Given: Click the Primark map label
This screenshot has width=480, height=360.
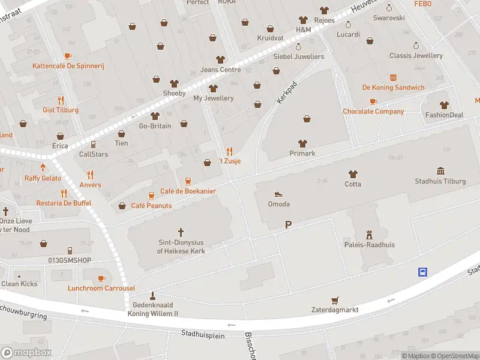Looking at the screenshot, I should (302, 154).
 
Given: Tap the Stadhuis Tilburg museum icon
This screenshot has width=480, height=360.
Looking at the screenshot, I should (441, 171).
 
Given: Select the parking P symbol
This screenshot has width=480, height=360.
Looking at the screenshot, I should (289, 224).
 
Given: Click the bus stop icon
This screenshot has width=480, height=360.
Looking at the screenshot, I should (422, 272).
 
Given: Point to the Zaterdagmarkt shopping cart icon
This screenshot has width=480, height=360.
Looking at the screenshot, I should (335, 300).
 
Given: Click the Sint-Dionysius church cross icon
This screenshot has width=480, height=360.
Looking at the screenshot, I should (181, 232).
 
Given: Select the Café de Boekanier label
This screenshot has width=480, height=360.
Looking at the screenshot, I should (188, 191).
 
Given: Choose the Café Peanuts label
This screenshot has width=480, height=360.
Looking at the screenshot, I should (151, 206).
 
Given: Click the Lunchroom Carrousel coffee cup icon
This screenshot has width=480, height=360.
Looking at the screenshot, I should (101, 278).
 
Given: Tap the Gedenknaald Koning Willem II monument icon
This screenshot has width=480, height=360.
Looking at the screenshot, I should (152, 295).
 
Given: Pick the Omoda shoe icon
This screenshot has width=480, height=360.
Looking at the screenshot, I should (278, 194).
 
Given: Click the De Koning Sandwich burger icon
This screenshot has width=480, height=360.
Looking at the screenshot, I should (393, 77).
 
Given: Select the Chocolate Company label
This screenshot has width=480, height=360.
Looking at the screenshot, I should (373, 112).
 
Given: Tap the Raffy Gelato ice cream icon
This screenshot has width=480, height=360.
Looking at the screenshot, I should (43, 168).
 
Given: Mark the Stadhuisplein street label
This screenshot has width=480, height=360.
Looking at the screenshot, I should (203, 335).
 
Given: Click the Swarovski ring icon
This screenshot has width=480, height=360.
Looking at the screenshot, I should (389, 8).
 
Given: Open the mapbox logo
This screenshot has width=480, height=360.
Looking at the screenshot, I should (26, 352).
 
